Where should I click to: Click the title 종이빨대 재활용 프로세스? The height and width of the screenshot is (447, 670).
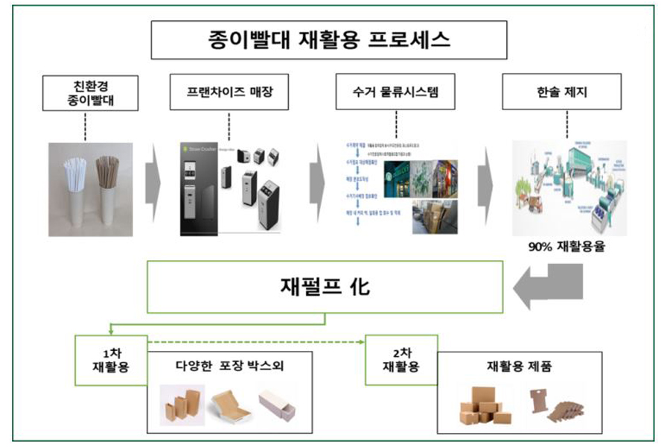click(329, 39)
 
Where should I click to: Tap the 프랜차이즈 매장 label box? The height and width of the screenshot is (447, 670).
click(229, 92)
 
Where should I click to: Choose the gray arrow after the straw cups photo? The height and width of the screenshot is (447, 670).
click(153, 186)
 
